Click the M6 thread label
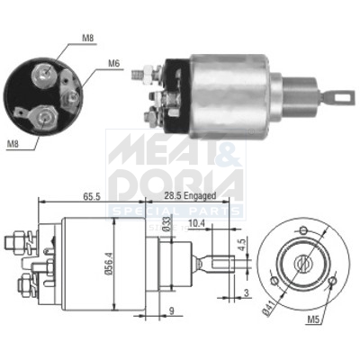click(114, 63)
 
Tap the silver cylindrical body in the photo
click(236, 86)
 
